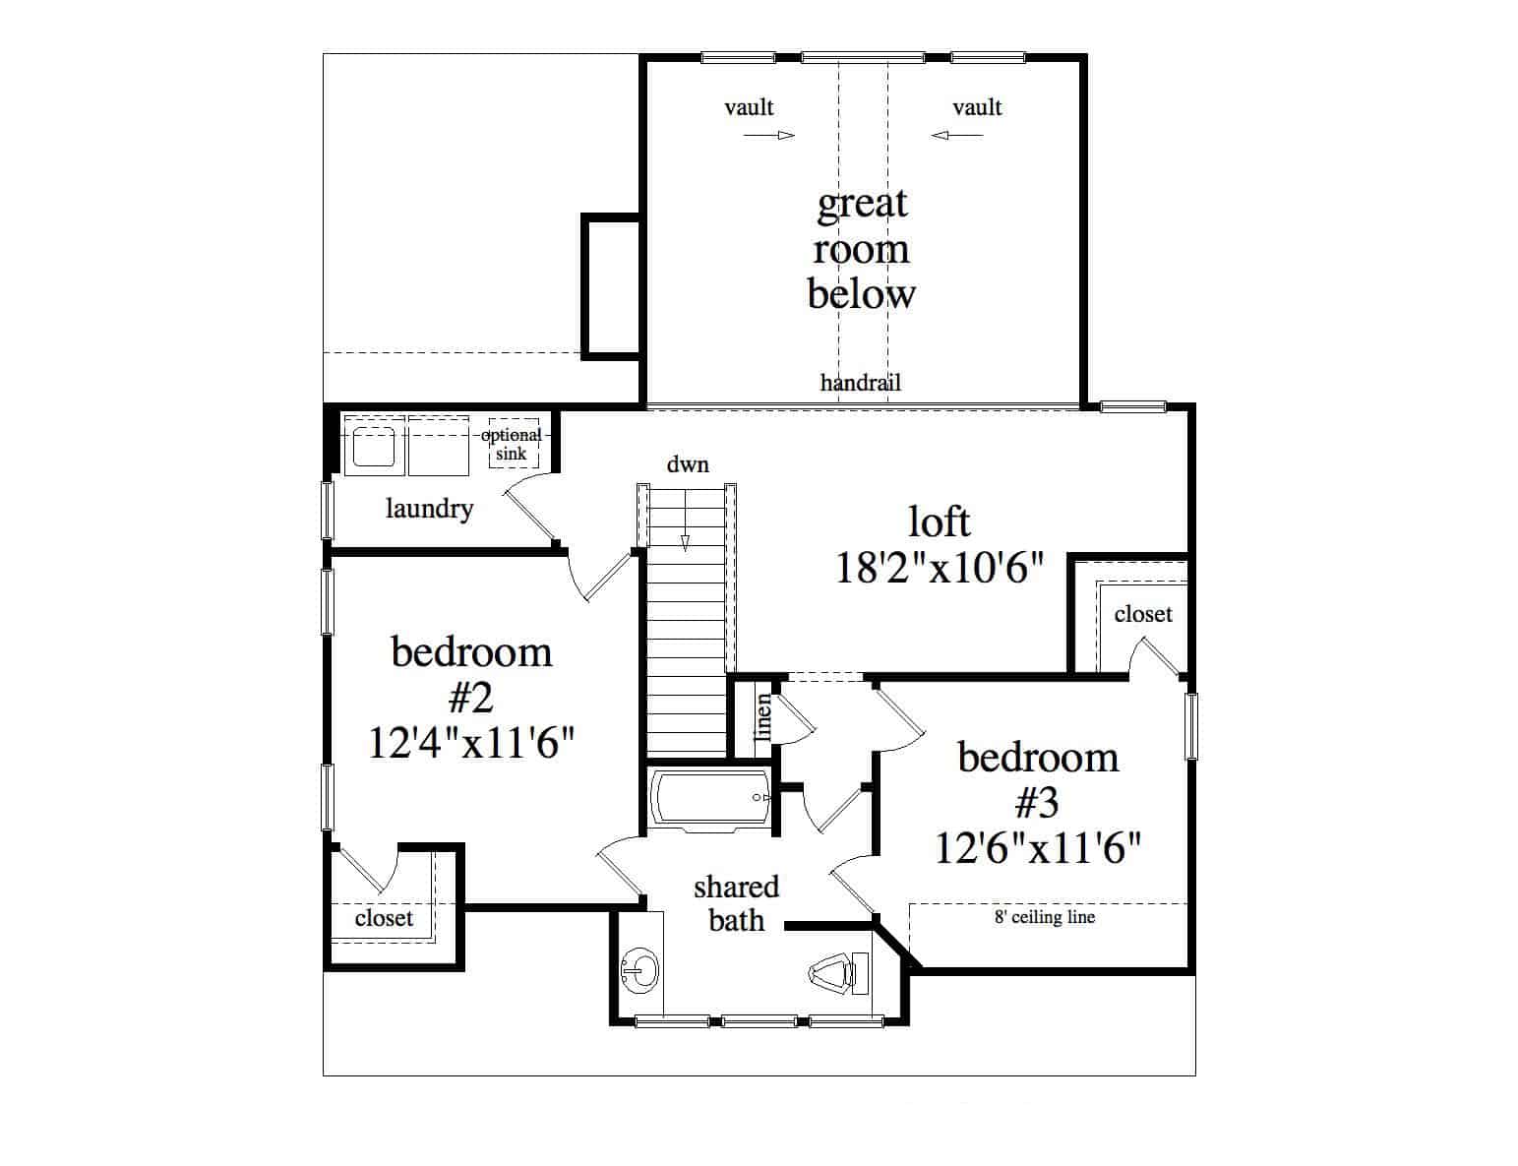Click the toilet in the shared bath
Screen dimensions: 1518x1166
pos(838,973)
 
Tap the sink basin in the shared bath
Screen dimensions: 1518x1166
pos(639,969)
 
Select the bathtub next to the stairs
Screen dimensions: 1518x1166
pos(709,799)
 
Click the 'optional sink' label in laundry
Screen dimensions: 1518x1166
pos(512,445)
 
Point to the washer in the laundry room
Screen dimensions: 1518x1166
pos(375,446)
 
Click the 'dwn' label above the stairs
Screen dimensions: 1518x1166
pos(688,464)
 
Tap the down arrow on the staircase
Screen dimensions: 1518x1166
pos(686,520)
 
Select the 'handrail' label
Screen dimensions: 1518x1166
pos(860,383)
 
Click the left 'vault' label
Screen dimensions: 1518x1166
pos(749,107)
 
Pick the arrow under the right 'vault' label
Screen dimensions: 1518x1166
pos(957,136)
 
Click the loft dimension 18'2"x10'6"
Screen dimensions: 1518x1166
pos(939,568)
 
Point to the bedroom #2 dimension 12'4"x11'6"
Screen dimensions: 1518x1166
pos(471,742)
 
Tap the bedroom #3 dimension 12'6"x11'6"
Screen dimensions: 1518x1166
pos(1037,848)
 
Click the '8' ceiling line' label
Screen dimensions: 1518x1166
pos(1045,917)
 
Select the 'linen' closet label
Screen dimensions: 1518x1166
pos(763,716)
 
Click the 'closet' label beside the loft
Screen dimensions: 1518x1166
pos(1143,614)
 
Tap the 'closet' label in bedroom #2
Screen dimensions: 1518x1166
pos(384,918)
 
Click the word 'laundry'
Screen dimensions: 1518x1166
pos(429,509)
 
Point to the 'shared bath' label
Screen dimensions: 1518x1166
pos(736,904)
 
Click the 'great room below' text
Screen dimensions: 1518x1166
pos(862,249)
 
